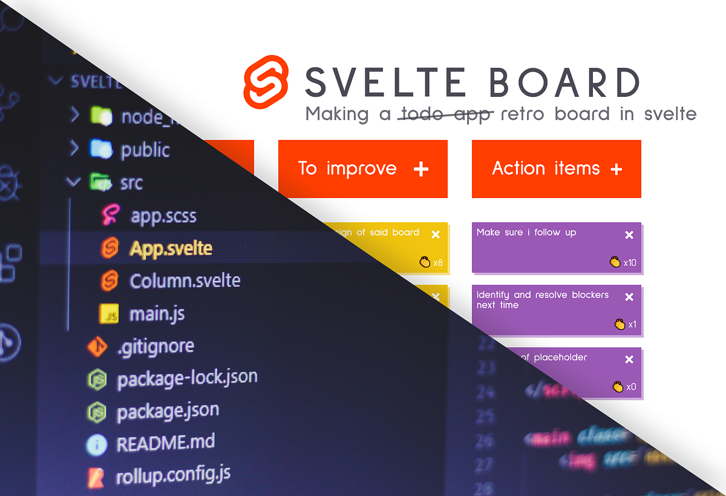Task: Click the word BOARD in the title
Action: (x=564, y=82)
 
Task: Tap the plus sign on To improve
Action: (x=420, y=169)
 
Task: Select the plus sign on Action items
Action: (x=616, y=169)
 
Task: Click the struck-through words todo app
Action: (x=445, y=114)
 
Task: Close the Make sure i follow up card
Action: (x=629, y=235)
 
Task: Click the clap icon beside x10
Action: (x=615, y=262)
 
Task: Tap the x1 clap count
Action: (x=632, y=325)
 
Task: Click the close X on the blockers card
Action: (x=629, y=297)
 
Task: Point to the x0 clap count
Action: (x=631, y=387)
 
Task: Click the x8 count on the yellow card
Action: (x=438, y=263)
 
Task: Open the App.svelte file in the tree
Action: (x=171, y=248)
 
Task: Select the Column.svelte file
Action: (x=185, y=281)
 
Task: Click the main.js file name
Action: (x=157, y=314)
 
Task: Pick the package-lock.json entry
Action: (x=187, y=379)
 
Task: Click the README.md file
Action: (x=165, y=443)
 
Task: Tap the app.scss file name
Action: (x=163, y=216)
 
